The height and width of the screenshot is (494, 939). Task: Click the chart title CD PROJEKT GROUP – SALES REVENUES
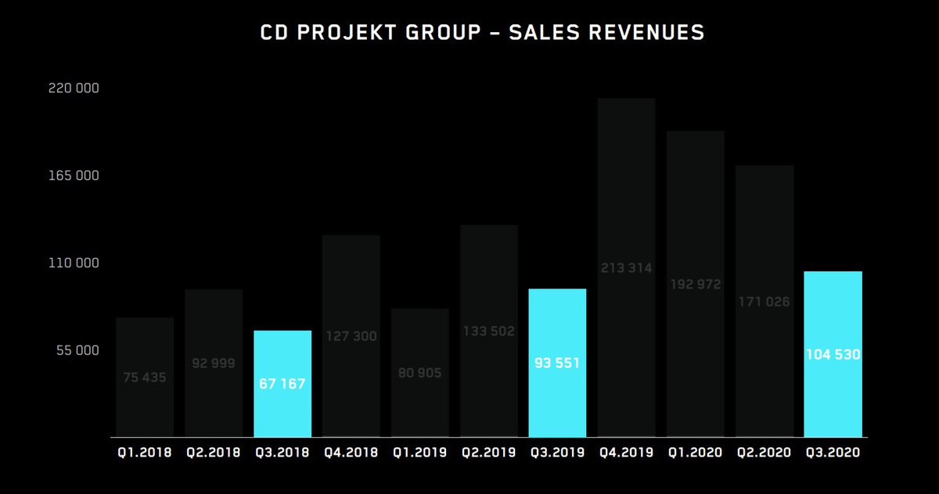click(x=482, y=33)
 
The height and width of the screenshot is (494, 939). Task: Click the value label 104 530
click(x=833, y=355)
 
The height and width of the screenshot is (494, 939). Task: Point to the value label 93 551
click(x=558, y=363)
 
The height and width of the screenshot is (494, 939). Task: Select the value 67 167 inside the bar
click(x=282, y=385)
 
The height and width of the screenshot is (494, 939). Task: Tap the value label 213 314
click(x=627, y=268)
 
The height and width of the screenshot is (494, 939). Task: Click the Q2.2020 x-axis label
click(x=765, y=453)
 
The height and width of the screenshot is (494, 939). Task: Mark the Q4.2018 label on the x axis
click(x=351, y=453)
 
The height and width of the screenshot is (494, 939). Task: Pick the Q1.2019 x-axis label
click(x=420, y=453)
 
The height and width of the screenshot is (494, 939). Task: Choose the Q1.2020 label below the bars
click(x=696, y=453)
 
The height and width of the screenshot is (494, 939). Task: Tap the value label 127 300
click(x=351, y=337)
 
